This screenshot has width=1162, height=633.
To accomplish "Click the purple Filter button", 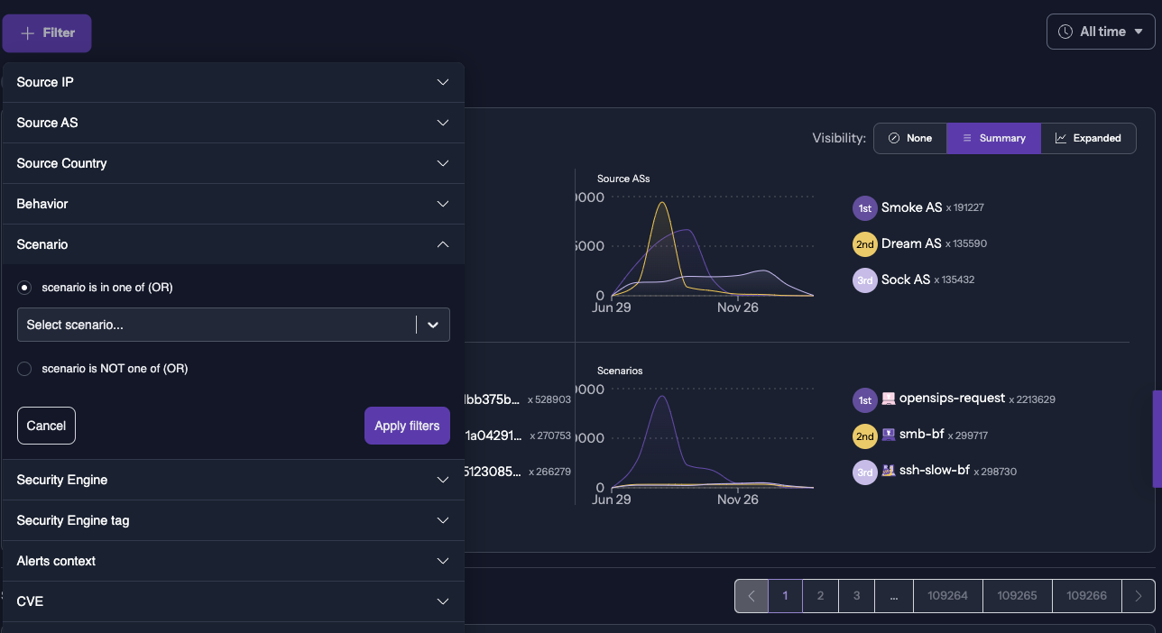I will click(x=47, y=33).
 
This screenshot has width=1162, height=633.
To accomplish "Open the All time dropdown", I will click(x=1101, y=32).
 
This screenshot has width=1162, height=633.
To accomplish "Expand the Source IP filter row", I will click(x=233, y=82).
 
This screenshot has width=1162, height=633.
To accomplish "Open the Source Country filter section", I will click(x=233, y=163).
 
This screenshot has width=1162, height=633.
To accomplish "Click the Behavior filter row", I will click(x=233, y=204).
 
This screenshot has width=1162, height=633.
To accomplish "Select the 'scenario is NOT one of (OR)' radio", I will click(x=24, y=369).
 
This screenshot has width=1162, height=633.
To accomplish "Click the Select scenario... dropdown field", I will click(x=217, y=325).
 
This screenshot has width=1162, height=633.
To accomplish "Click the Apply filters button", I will click(x=407, y=426).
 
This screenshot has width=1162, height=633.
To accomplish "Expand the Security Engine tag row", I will click(x=233, y=520).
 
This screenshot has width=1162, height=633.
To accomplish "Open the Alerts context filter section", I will click(x=233, y=561).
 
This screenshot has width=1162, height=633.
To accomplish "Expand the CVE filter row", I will click(x=233, y=601).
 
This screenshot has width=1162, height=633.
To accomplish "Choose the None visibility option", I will click(x=909, y=138).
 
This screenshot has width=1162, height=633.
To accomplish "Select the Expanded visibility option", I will click(x=1088, y=138).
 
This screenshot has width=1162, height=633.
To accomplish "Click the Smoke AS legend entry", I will click(x=911, y=207).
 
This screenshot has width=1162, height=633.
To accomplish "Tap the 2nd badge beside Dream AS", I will click(x=864, y=244).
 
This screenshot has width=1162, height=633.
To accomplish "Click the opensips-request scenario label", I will click(x=952, y=399).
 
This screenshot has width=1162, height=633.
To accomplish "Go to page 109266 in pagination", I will click(x=1086, y=596).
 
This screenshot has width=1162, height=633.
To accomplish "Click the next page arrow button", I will click(x=1139, y=596).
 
